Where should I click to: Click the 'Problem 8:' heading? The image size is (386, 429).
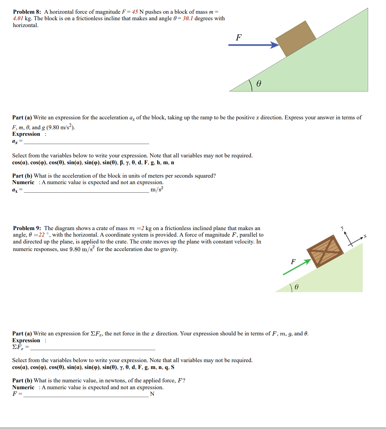click(x=27, y=12)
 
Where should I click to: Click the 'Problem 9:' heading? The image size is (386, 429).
click(x=27, y=228)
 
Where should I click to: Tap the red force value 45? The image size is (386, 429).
click(x=135, y=12)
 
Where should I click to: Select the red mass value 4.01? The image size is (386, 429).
click(x=18, y=19)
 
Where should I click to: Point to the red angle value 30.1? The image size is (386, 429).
click(x=188, y=19)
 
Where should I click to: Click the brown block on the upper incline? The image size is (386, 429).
click(x=296, y=38)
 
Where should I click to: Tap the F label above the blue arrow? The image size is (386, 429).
click(x=239, y=37)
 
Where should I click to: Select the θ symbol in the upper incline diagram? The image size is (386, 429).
click(x=259, y=84)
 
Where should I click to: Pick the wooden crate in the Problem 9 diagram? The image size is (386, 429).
click(x=325, y=251)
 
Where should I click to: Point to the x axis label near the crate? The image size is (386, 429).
click(x=365, y=236)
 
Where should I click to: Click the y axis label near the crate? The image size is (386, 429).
click(x=342, y=228)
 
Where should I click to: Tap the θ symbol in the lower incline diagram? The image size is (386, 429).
click(x=296, y=287)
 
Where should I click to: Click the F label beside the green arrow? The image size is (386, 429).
click(x=293, y=262)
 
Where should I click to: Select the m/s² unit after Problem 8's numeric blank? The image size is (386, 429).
click(x=157, y=190)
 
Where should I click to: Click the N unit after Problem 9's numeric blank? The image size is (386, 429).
click(x=152, y=394)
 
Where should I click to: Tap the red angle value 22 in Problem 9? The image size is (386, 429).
click(x=41, y=235)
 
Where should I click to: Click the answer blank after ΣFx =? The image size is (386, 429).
click(x=93, y=347)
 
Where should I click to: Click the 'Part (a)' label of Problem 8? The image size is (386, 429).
click(x=22, y=118)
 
